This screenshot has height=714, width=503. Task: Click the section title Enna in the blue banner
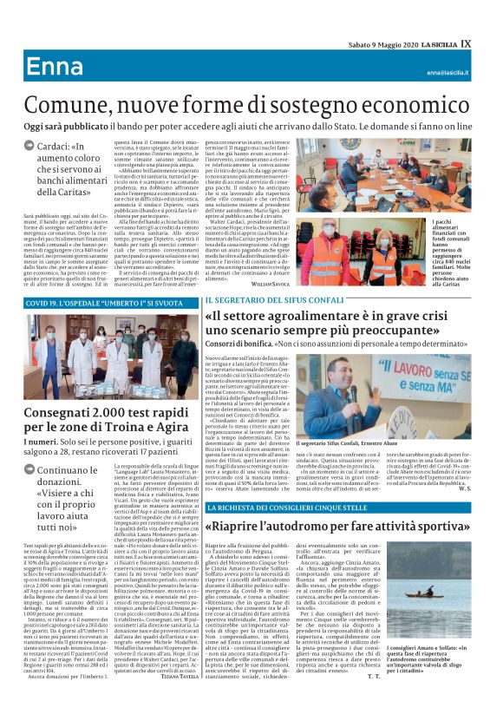click(54, 68)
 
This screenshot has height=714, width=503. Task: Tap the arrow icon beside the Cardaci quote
click(29, 148)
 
